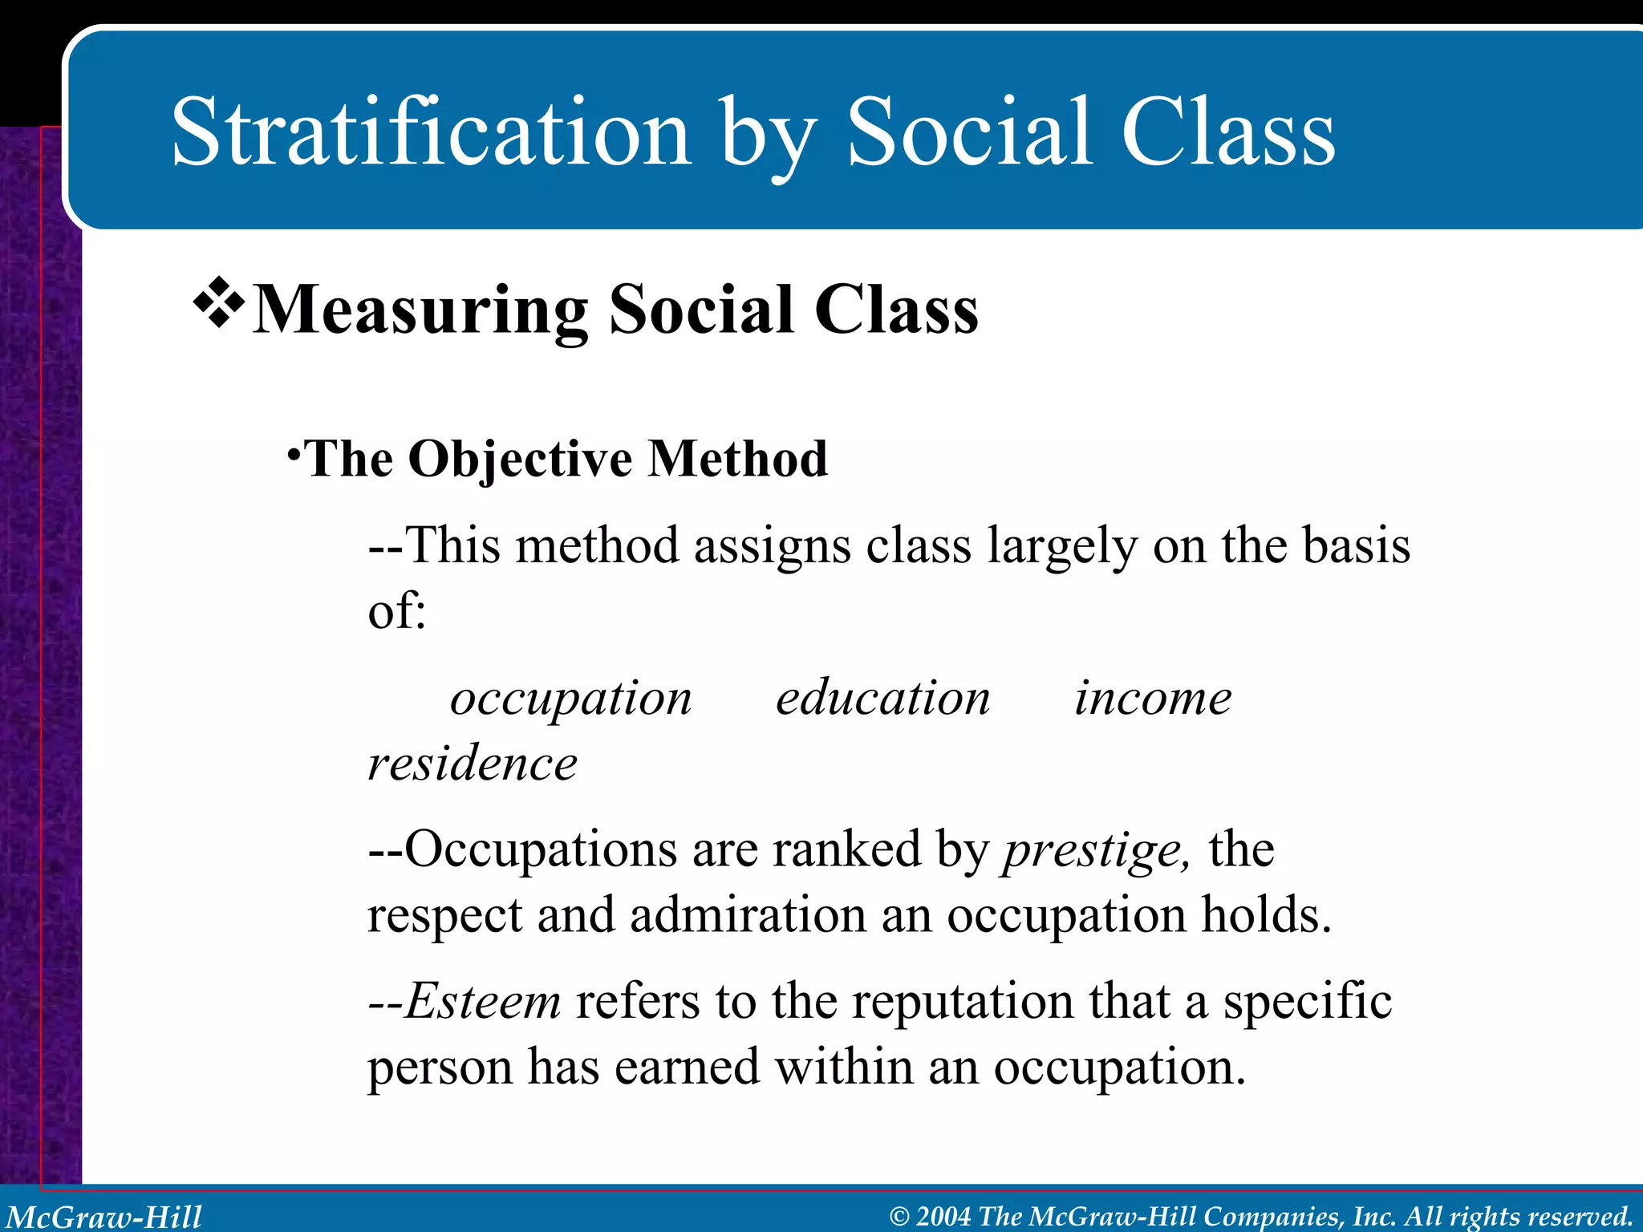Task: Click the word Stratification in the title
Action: (430, 132)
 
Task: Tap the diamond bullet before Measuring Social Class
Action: (218, 305)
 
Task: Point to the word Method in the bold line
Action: (737, 459)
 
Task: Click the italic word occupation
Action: (570, 698)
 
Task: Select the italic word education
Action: (882, 698)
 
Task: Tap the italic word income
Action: (1153, 698)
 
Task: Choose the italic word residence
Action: (472, 763)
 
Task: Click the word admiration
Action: (748, 915)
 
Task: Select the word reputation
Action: (963, 1003)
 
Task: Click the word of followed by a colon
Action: (396, 611)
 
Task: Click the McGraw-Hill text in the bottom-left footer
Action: (104, 1217)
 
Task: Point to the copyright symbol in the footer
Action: (899, 1217)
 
